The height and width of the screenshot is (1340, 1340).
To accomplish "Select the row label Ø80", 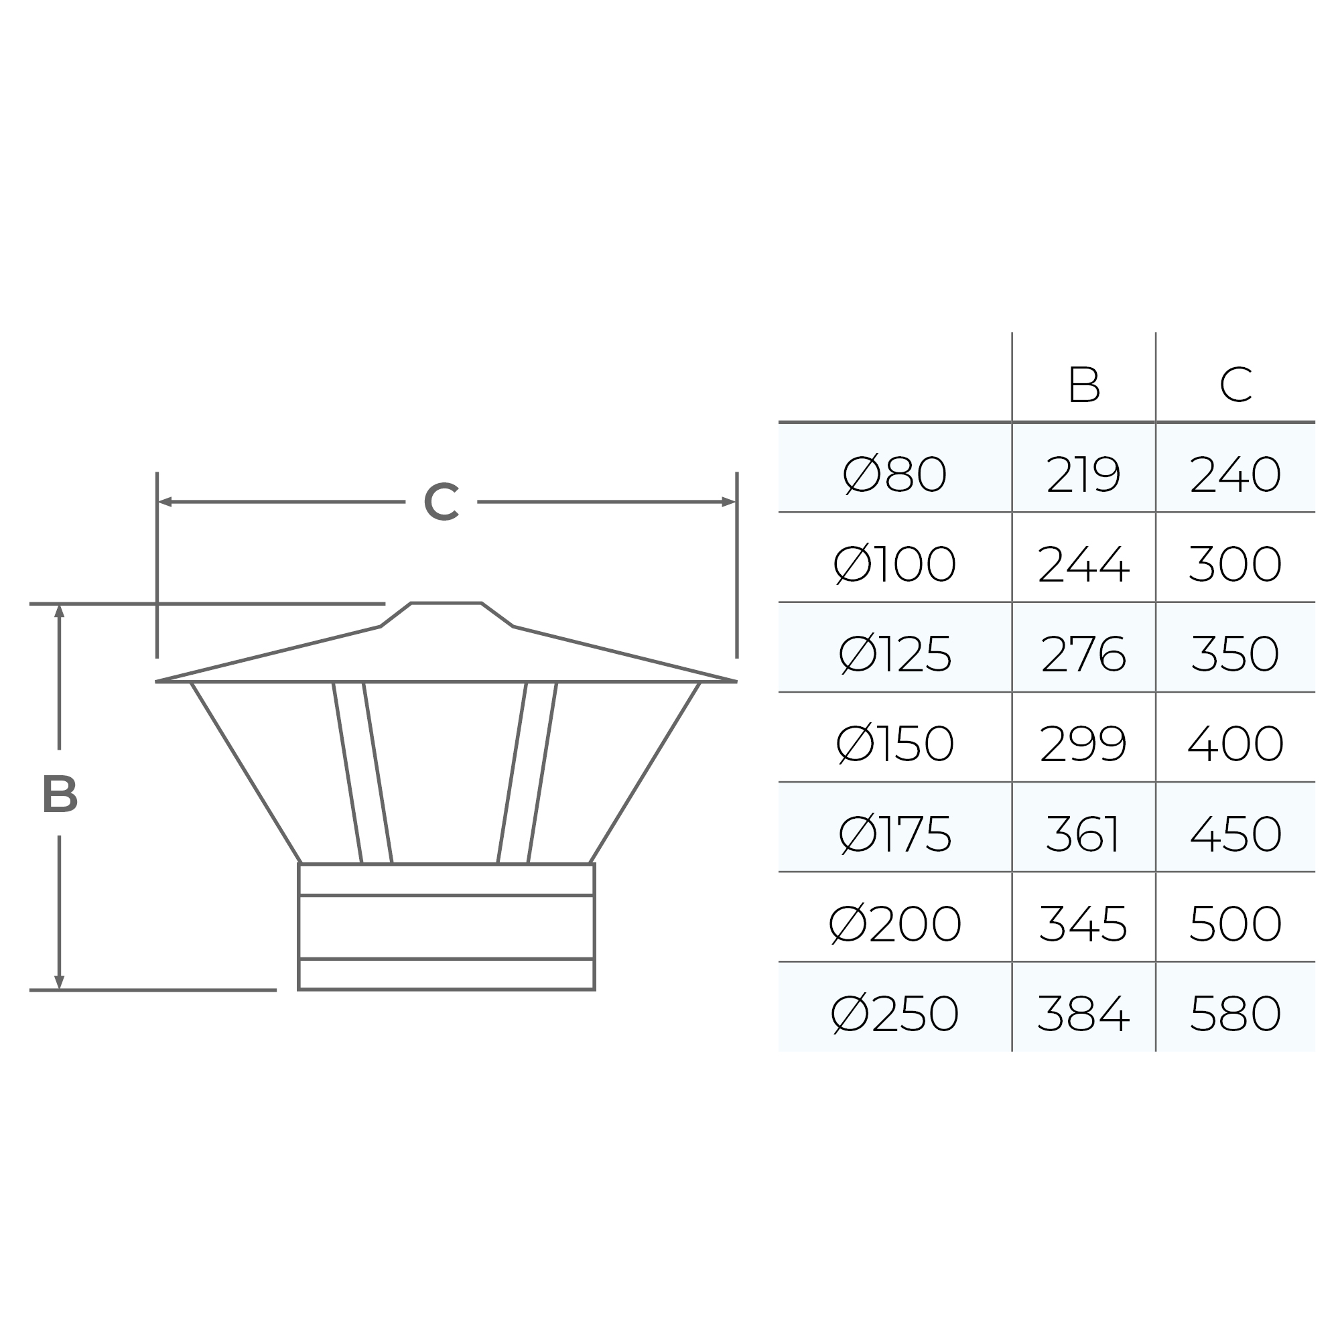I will (894, 474).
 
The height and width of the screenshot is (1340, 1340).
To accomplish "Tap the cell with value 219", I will (1083, 474).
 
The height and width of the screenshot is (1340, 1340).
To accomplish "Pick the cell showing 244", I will (1083, 564).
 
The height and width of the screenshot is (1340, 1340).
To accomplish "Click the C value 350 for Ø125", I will (1235, 654).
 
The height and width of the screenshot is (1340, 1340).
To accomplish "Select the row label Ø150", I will (894, 744).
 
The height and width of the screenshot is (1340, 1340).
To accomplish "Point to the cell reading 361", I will (1083, 833).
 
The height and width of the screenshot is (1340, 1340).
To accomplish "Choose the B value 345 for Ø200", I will (1083, 923).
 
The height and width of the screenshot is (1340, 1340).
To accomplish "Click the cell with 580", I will (1235, 1013).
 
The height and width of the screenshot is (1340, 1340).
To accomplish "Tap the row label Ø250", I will (894, 1013).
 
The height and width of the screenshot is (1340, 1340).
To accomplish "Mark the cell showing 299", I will (1083, 744).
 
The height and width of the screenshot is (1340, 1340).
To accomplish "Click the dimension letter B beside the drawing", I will (60, 794).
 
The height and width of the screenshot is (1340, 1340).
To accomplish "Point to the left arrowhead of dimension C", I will (164, 501).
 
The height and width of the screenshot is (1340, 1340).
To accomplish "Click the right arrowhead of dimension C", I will (729, 501).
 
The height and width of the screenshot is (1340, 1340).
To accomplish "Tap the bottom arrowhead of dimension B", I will (59, 982).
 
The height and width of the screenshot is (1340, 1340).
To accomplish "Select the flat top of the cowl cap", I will (446, 604).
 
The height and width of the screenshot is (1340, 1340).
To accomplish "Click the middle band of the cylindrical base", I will (446, 927).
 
